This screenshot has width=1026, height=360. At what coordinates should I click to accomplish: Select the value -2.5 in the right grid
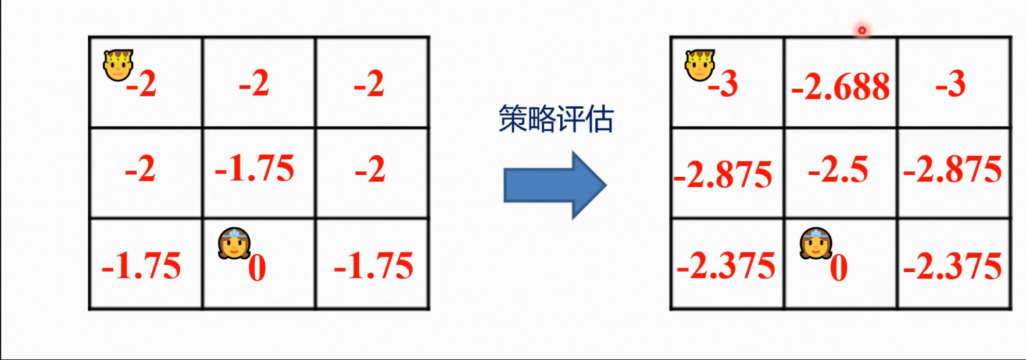838,170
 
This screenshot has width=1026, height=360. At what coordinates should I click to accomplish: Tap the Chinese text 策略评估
556,119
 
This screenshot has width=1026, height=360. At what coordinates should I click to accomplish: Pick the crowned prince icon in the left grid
118,65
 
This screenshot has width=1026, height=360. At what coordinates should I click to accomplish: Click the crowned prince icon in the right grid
699,65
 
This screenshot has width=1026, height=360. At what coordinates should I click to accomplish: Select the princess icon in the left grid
234,243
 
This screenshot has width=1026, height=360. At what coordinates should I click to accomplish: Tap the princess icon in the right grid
816,243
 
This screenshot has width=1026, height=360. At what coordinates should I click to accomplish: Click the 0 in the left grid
257,268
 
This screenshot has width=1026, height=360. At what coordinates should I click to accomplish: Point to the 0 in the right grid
838,268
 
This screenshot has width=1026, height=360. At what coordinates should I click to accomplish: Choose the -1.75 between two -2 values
255,169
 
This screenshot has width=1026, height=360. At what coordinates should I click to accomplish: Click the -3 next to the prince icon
723,84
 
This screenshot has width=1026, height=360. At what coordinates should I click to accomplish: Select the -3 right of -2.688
950,84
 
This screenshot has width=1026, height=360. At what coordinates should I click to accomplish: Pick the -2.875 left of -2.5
723,174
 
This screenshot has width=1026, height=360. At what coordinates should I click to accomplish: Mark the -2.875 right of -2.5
953,170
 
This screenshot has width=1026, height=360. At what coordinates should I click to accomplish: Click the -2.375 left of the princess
726,266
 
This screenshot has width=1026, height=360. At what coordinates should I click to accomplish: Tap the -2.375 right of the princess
953,266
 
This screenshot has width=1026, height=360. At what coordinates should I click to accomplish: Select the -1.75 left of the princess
141,266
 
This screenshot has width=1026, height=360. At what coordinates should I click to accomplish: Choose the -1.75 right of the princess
373,266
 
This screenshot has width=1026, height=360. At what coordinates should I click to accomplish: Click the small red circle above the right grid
862,30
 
